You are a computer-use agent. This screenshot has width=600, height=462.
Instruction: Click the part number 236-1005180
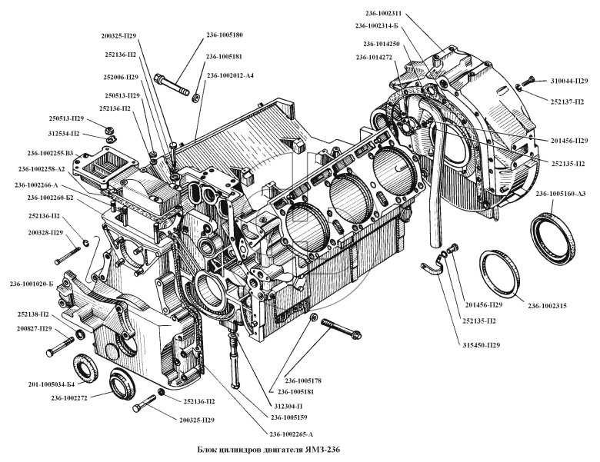(225, 35)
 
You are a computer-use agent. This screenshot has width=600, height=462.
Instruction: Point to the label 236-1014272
(375, 58)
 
